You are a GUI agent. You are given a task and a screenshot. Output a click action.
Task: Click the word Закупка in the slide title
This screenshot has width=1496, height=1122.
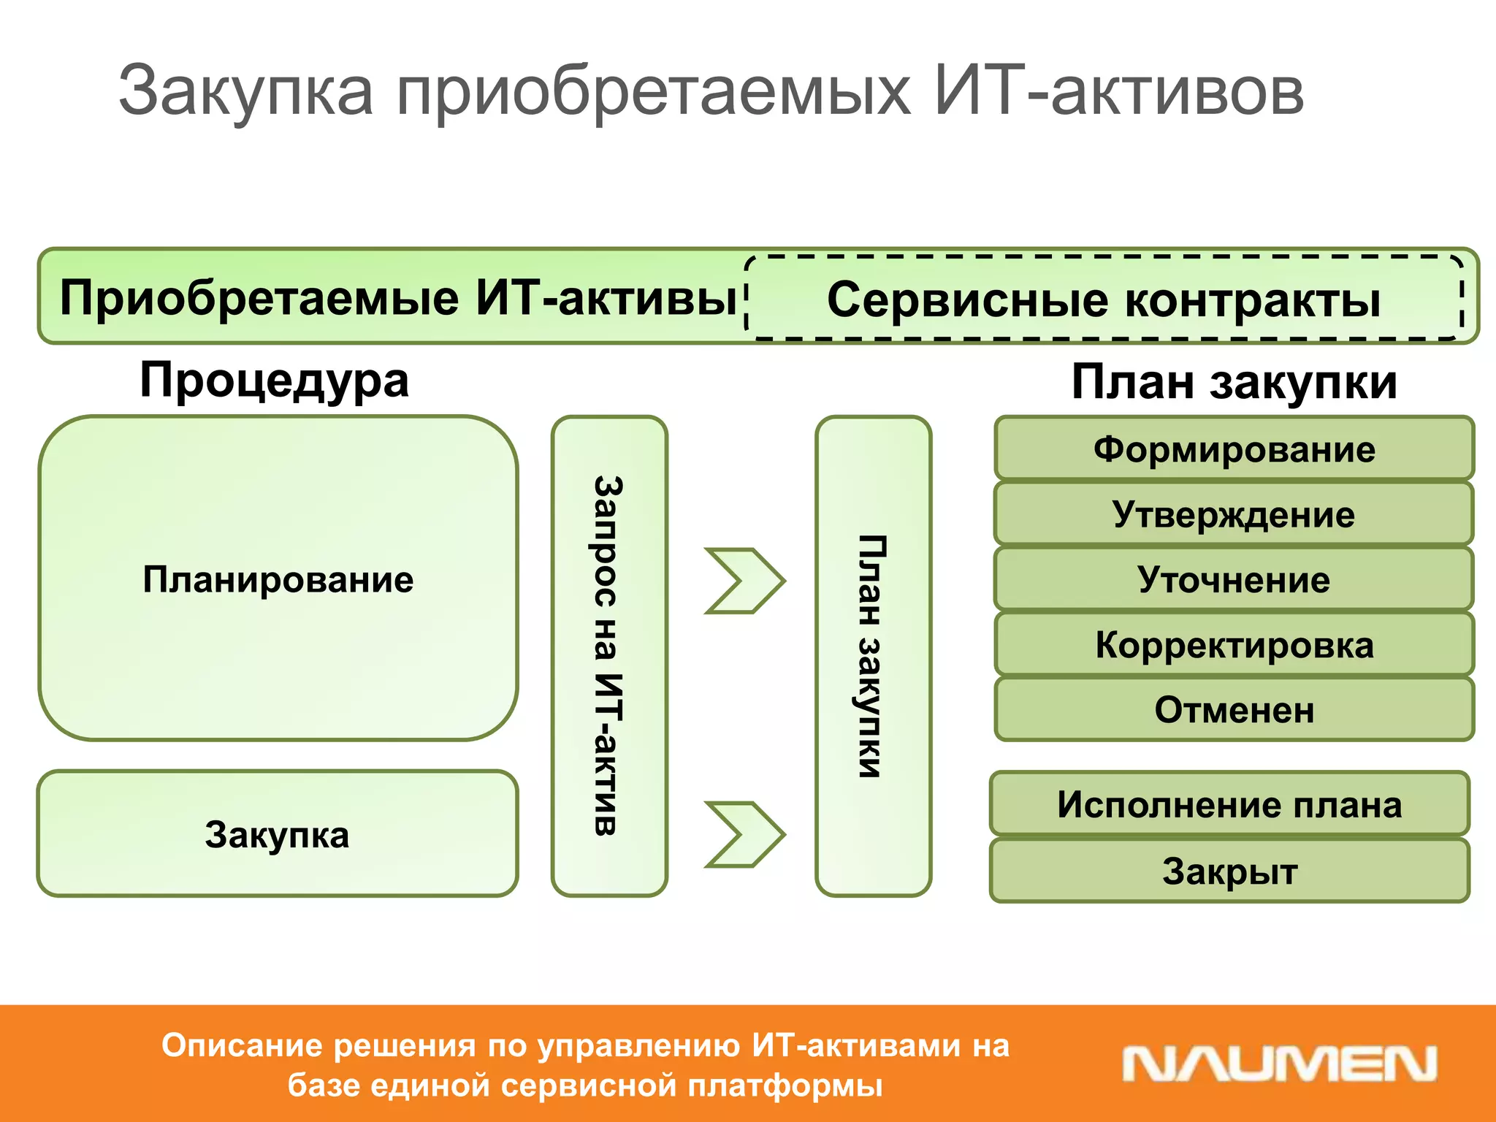click(x=245, y=92)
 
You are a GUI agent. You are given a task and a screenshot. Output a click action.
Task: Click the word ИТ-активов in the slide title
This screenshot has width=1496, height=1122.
click(x=1118, y=92)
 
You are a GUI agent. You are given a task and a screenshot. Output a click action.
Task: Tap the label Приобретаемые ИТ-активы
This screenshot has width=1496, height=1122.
click(x=398, y=298)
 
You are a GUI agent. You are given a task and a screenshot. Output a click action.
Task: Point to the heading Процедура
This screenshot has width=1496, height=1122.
click(x=274, y=381)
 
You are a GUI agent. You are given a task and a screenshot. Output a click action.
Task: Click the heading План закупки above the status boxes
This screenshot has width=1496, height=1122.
click(x=1234, y=382)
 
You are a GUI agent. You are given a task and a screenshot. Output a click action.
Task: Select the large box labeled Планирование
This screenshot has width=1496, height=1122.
click(x=278, y=579)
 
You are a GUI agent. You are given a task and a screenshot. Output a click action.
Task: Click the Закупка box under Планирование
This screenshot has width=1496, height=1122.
click(x=278, y=834)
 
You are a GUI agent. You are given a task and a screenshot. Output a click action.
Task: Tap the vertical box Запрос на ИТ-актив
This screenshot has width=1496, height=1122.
click(x=609, y=655)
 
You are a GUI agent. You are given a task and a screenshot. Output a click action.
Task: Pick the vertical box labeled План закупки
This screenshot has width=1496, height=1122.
click(x=873, y=655)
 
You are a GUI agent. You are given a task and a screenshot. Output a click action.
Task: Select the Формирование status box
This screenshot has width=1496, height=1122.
click(x=1234, y=449)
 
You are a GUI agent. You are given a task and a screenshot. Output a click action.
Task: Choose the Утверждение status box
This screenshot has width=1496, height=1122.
click(x=1234, y=514)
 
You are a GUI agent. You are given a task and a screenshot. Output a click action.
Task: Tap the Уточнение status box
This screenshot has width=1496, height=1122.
click(x=1234, y=579)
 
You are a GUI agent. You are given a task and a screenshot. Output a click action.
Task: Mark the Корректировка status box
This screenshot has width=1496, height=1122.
click(x=1234, y=644)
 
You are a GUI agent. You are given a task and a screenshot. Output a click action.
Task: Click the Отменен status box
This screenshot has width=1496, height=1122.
click(x=1234, y=709)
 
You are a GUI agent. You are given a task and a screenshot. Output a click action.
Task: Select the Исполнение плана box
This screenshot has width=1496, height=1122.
click(x=1229, y=804)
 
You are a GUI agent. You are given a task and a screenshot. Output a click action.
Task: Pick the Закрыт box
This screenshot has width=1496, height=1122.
click(x=1229, y=871)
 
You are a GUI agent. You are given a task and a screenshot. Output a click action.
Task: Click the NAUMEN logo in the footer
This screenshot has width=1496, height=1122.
click(x=1278, y=1064)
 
